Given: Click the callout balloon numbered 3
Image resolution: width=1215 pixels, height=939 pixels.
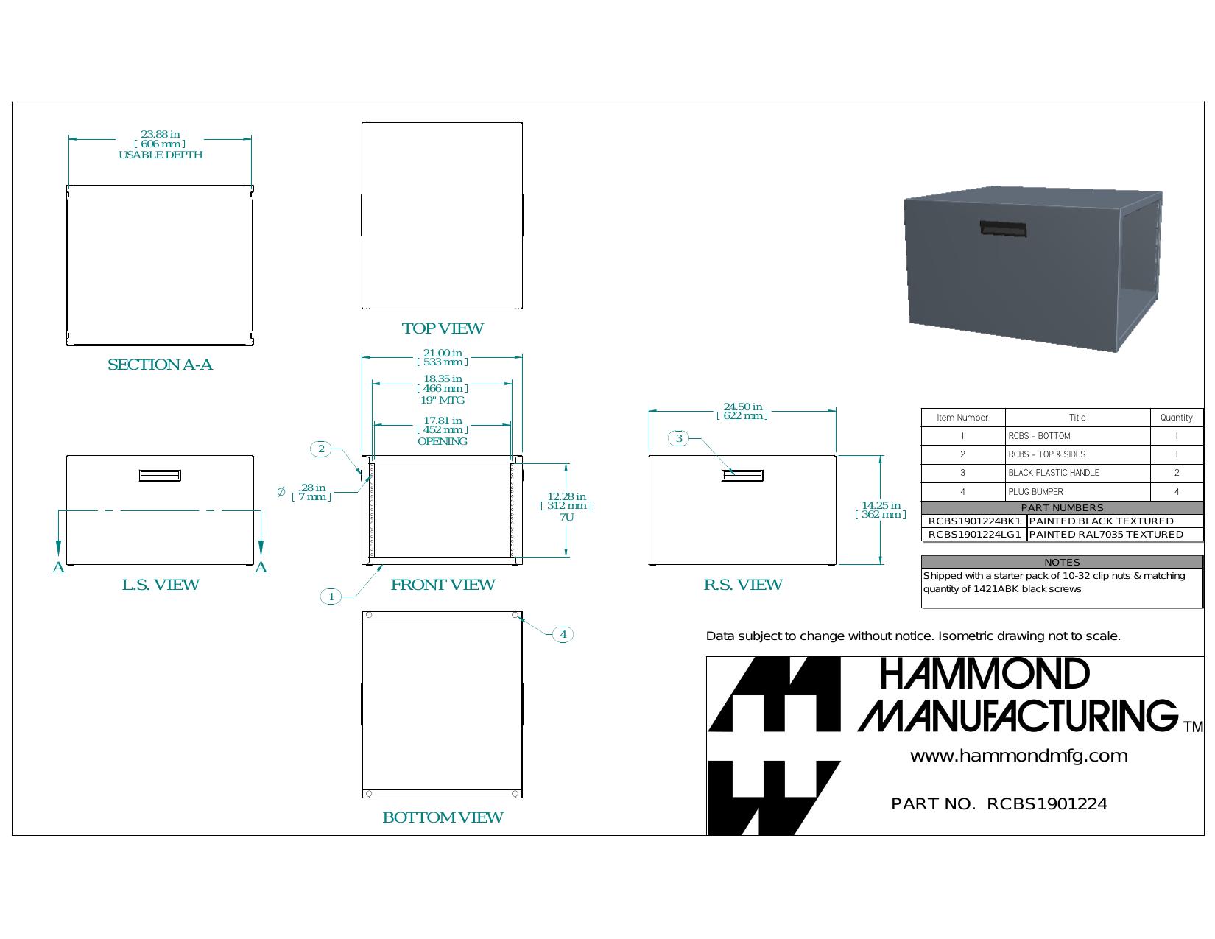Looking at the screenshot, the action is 678,438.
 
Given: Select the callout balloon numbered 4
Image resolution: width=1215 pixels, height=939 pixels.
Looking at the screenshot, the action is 563,634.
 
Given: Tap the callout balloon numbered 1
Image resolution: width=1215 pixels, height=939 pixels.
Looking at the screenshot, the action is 331,597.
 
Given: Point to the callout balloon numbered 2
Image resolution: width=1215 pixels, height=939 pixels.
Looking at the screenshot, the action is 321,449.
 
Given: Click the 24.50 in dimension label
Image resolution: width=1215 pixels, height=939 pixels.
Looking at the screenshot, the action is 742,411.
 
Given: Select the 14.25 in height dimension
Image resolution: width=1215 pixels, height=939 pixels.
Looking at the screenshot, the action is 881,510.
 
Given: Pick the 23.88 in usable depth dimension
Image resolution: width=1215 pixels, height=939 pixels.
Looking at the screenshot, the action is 160,144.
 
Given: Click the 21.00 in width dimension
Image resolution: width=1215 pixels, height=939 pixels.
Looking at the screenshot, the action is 443,357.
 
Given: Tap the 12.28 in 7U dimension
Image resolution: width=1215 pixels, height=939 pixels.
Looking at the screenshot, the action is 566,506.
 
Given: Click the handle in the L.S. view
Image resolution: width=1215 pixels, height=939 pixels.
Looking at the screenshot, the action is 160,475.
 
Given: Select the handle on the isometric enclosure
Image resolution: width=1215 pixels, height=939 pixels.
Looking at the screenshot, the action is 1003,229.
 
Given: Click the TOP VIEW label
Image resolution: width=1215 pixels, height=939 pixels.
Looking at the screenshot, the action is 443,328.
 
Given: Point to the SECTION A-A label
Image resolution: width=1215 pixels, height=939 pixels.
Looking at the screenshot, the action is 160,365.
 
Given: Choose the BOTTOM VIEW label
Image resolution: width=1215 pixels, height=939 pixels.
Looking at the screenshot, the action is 443,817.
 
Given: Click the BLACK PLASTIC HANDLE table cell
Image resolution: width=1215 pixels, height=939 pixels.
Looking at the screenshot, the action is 1077,473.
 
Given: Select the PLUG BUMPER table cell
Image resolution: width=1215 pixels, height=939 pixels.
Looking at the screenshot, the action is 1077,491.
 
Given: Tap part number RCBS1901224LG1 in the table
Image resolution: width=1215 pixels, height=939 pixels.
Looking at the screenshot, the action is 974,534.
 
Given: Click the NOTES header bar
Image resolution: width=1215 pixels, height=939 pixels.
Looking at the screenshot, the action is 1062,562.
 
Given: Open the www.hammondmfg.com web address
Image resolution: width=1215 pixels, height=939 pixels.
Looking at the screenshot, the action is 1018,756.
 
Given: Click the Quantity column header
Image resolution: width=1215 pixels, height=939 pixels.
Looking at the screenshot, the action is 1177,417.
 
